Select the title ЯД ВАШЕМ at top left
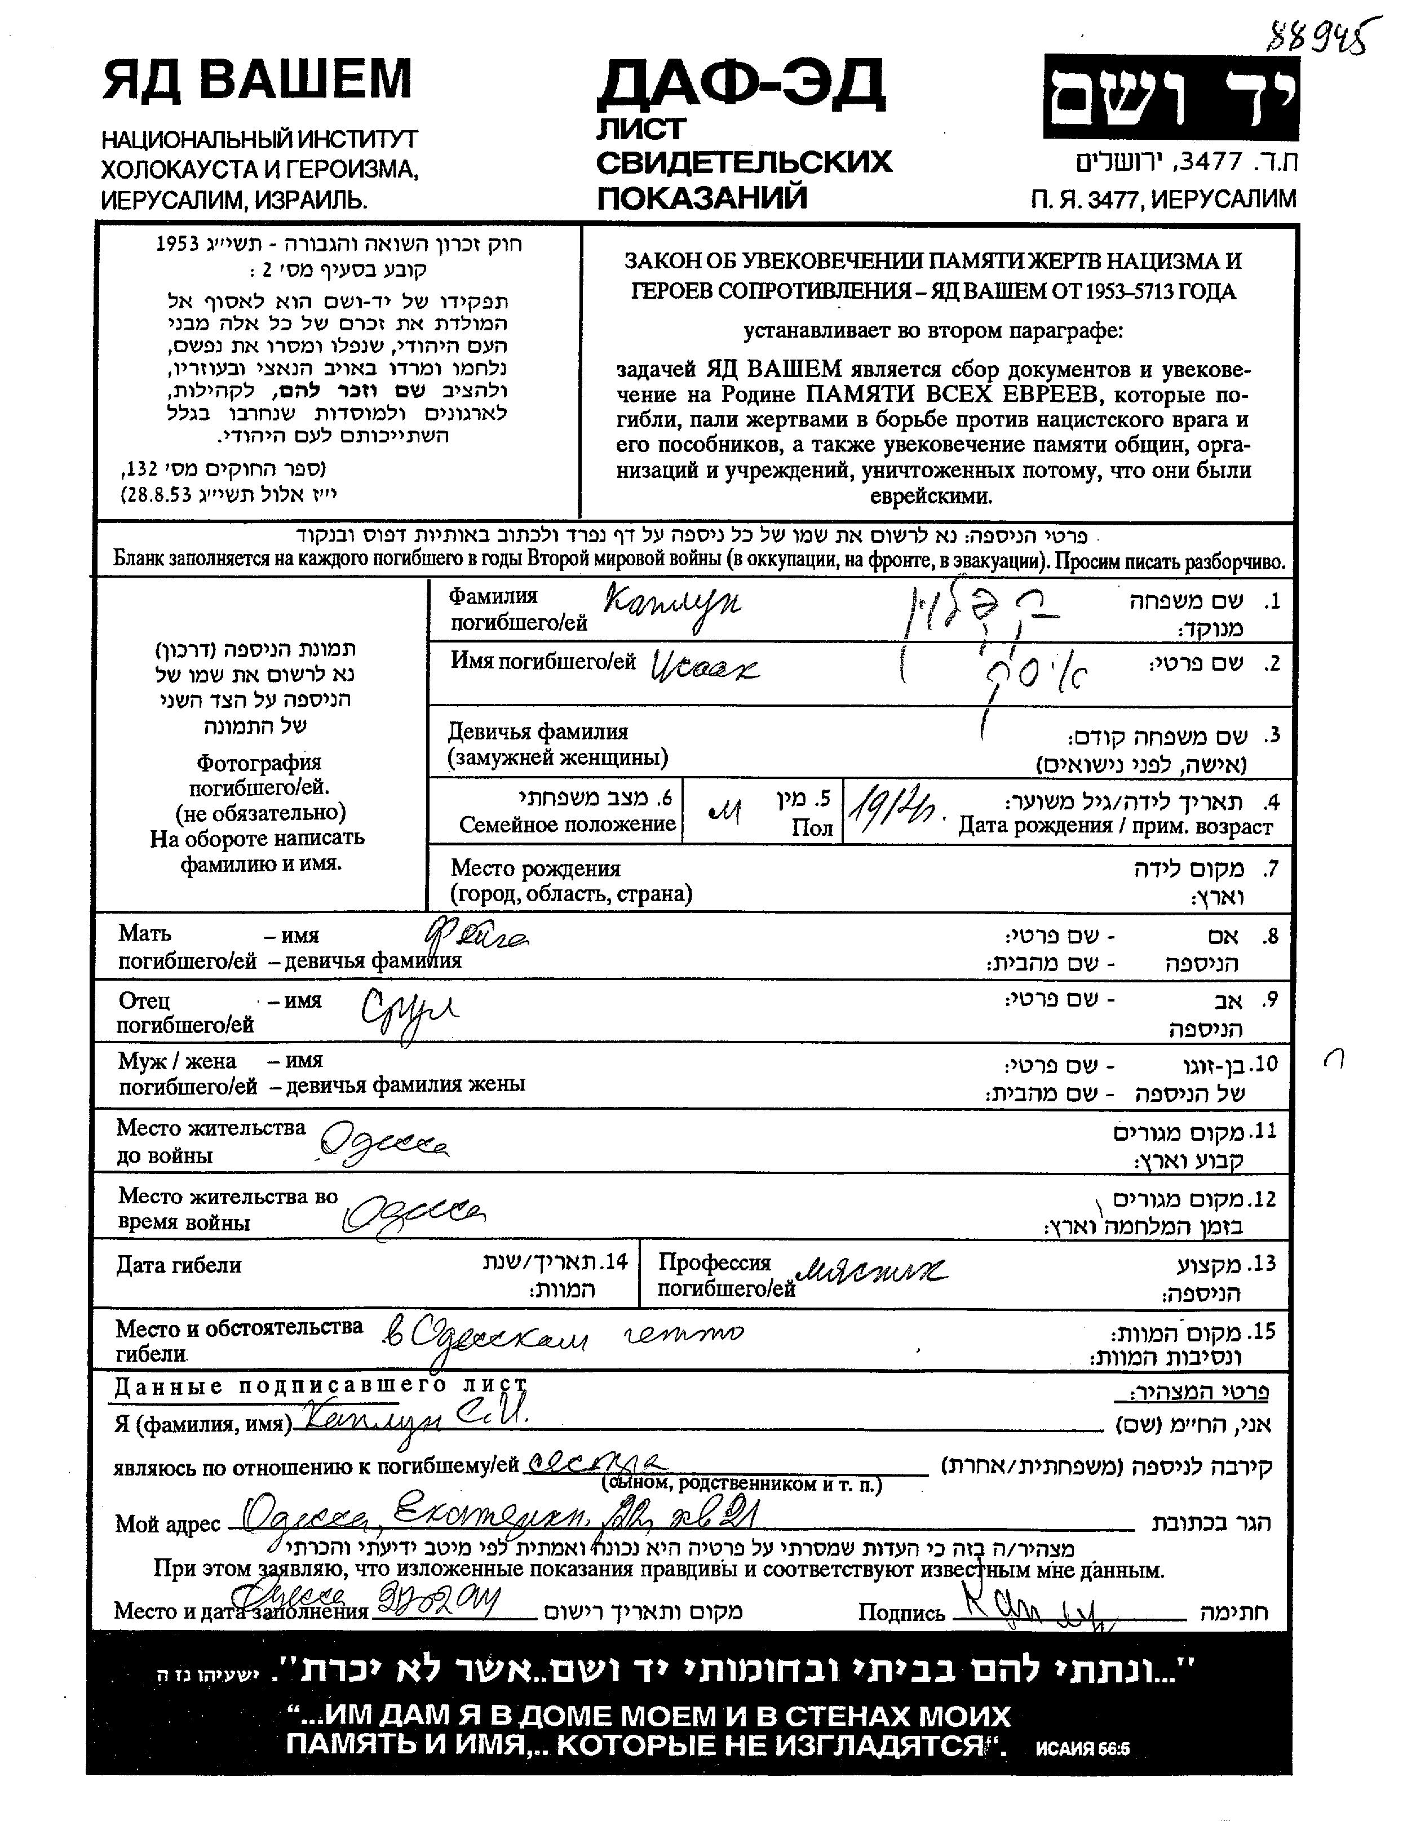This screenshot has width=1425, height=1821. [x=257, y=80]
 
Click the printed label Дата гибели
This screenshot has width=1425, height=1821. [x=179, y=1265]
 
